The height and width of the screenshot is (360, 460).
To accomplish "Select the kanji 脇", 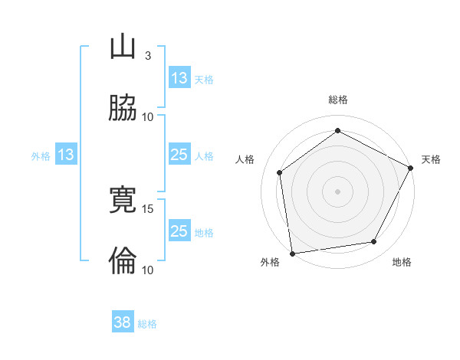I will pyautogui.click(x=123, y=108).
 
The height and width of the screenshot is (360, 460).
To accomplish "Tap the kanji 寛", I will pyautogui.click(x=123, y=201).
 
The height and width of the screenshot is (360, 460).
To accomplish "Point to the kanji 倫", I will pyautogui.click(x=123, y=261).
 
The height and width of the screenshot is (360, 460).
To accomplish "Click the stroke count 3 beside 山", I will pyautogui.click(x=148, y=56).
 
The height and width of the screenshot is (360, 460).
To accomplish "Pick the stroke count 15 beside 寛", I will pyautogui.click(x=148, y=208).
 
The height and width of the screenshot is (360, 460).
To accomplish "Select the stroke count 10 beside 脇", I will pyautogui.click(x=148, y=116).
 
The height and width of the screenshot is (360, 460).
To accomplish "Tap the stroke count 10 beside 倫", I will pyautogui.click(x=148, y=270).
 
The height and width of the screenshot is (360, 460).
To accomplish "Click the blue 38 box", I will pyautogui.click(x=123, y=323).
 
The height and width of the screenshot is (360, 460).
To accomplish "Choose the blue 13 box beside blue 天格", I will pyautogui.click(x=179, y=78).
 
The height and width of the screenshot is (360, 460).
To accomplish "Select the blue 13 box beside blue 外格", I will pyautogui.click(x=66, y=155).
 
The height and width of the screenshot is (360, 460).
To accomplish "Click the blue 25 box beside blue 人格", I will pyautogui.click(x=179, y=155).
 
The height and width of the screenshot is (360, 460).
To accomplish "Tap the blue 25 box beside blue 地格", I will pyautogui.click(x=179, y=231).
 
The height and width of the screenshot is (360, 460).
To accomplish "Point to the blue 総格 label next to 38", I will pyautogui.click(x=147, y=324).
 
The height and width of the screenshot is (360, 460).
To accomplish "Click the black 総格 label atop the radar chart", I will pyautogui.click(x=337, y=100).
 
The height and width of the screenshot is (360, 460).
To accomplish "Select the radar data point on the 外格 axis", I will pyautogui.click(x=291, y=253).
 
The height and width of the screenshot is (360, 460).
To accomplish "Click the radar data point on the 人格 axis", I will pyautogui.click(x=280, y=172).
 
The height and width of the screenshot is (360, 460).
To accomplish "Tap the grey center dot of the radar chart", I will pyautogui.click(x=337, y=191).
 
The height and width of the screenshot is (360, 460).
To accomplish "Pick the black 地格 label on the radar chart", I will pyautogui.click(x=402, y=263).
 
